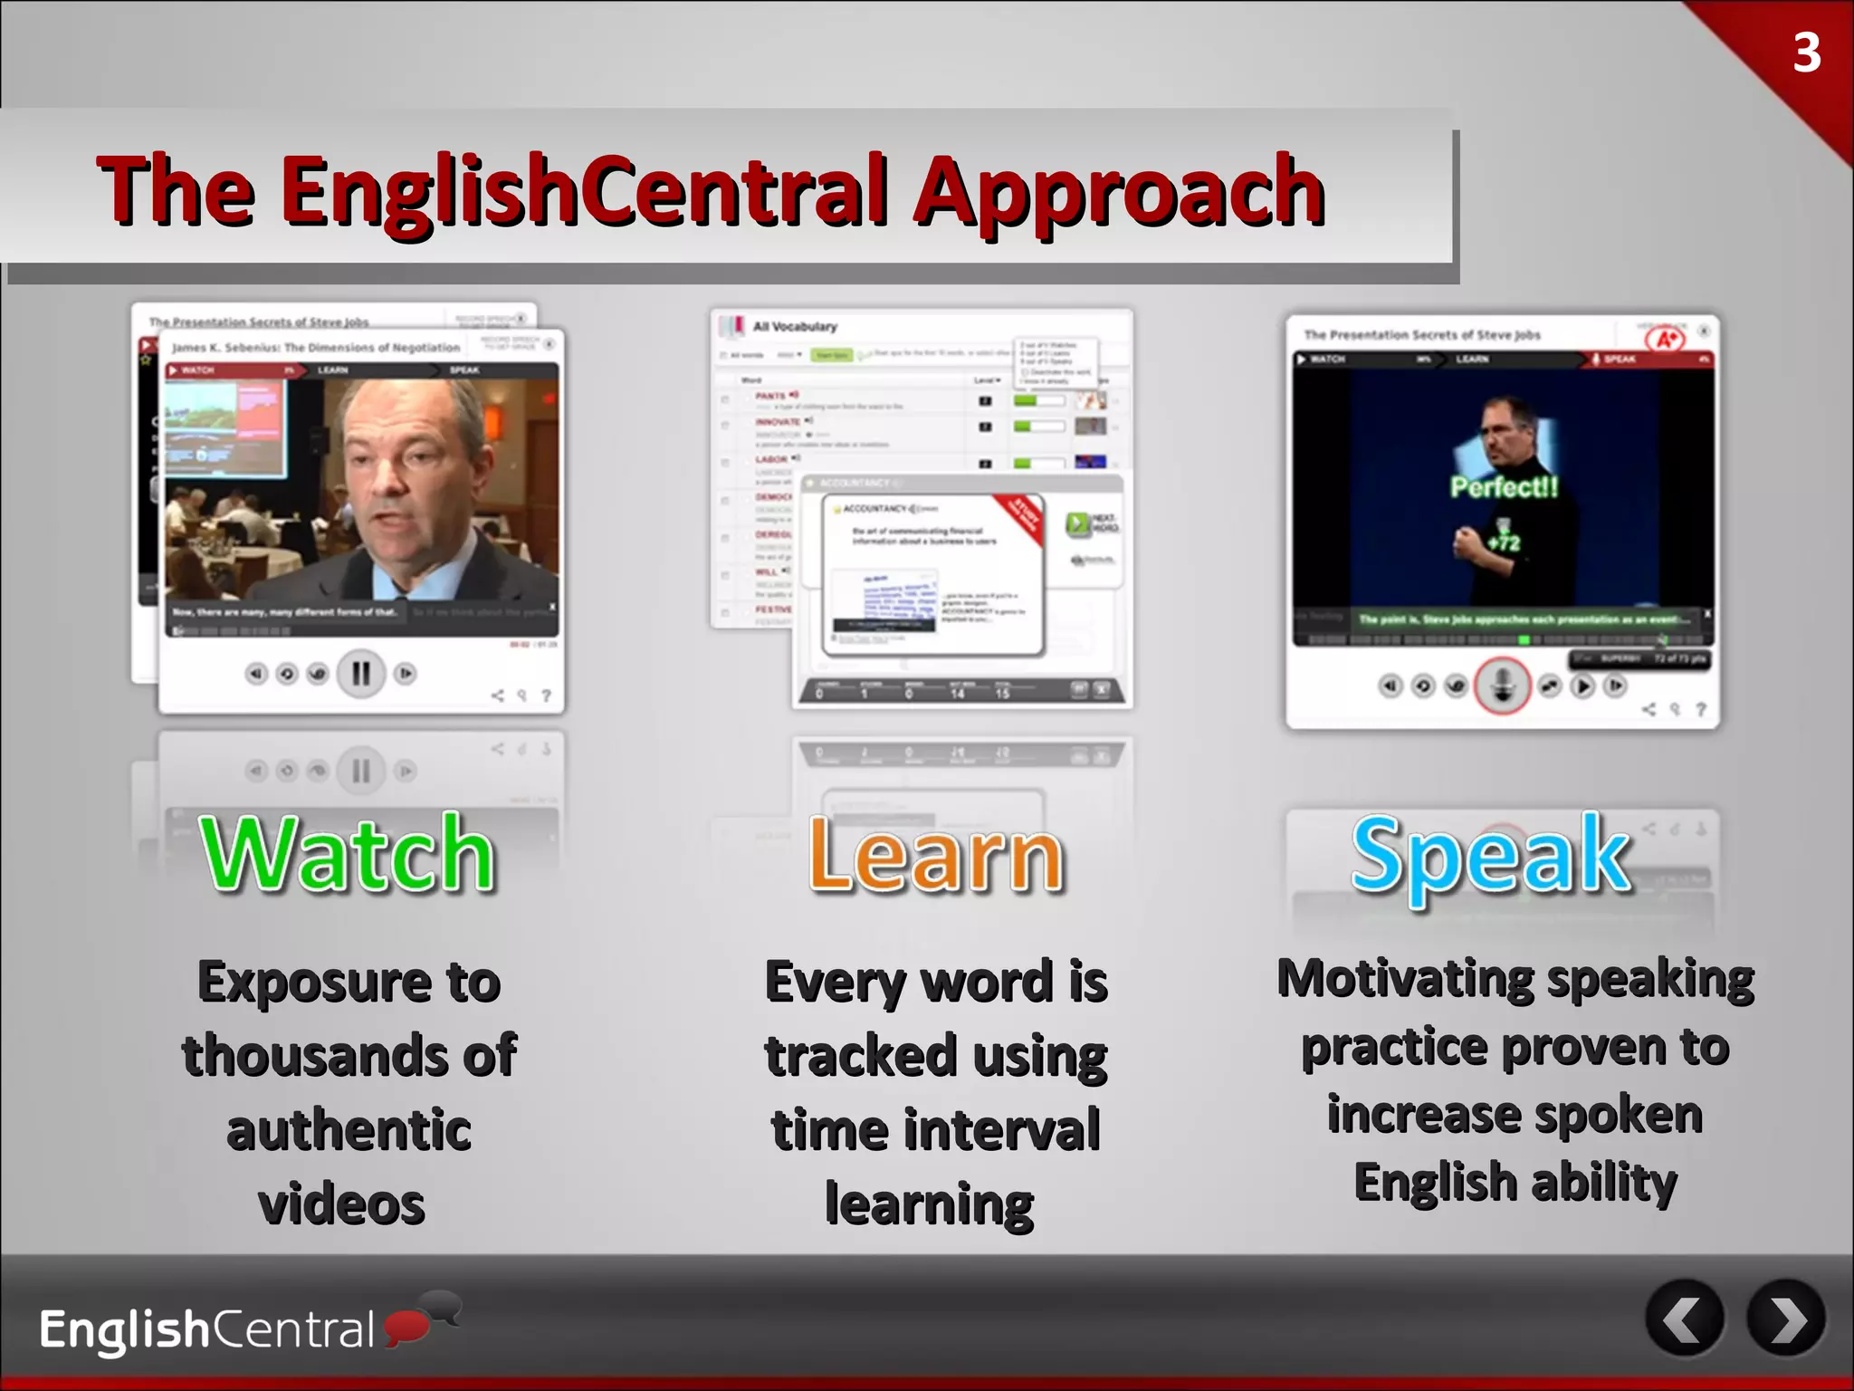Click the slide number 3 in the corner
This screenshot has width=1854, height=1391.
tap(1806, 53)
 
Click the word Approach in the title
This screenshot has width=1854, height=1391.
tap(1120, 191)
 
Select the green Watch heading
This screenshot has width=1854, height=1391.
tap(348, 853)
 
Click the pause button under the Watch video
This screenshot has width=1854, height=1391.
tap(360, 674)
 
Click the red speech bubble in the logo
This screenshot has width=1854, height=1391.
tap(406, 1327)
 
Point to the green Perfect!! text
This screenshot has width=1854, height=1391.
tap(1505, 487)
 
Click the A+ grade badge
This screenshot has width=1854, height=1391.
tap(1666, 340)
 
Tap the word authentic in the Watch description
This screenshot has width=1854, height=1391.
tap(349, 1130)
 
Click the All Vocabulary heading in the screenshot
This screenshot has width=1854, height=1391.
tap(795, 327)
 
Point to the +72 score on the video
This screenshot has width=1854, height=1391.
tap(1504, 543)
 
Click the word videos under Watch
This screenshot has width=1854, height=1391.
tap(342, 1204)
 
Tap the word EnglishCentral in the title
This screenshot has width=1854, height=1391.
tap(583, 191)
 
